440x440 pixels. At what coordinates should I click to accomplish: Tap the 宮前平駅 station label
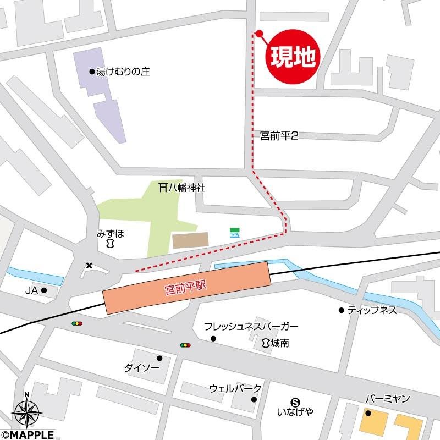(x=187, y=288)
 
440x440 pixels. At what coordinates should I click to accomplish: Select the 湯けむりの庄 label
(x=123, y=71)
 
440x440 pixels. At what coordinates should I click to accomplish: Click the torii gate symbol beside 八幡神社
(x=162, y=188)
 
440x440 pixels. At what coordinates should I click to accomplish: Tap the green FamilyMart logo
(x=234, y=233)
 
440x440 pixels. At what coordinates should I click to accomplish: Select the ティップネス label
(x=371, y=310)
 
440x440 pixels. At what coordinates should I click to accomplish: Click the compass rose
(x=26, y=410)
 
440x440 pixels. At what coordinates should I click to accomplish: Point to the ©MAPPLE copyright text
(x=28, y=435)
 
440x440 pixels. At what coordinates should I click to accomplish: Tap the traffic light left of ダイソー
(x=77, y=323)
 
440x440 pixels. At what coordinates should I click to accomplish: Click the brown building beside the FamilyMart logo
(x=190, y=240)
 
